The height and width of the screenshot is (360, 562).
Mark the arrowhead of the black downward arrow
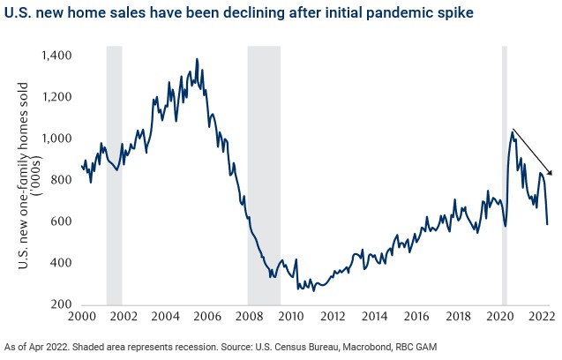[x=550, y=174]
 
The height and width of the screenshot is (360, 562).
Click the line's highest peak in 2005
[x=196, y=59]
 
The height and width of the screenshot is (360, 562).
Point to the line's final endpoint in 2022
[x=547, y=224]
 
